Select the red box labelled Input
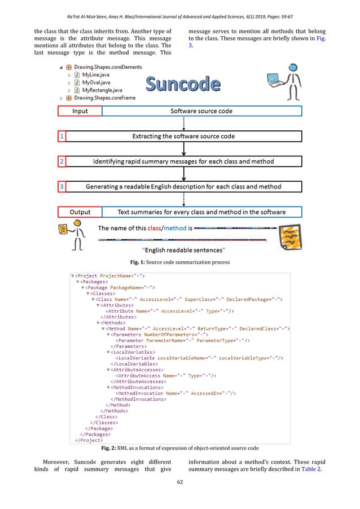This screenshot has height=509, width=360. point(80,111)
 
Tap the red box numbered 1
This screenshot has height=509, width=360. point(61,136)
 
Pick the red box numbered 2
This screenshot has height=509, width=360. point(61,161)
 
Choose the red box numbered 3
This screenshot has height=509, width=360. point(61,186)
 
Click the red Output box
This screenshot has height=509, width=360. point(80,212)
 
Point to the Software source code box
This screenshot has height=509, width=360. point(201,111)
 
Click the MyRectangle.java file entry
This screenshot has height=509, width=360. point(104,90)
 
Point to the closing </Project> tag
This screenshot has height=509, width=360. point(82,439)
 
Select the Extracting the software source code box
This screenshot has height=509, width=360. point(183,136)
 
